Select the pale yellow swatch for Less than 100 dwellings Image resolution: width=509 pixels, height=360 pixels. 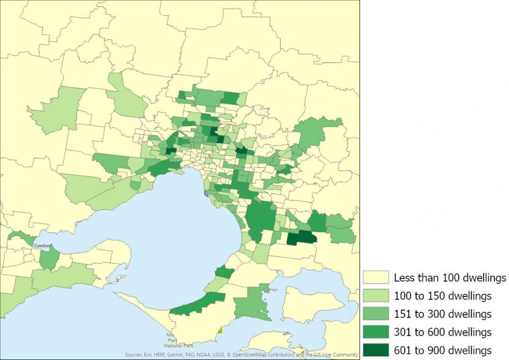376,277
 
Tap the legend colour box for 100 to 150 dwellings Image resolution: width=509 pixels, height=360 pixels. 376,296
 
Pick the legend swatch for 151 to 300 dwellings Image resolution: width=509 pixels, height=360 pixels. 376,314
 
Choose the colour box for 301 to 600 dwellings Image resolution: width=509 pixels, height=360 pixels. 376,332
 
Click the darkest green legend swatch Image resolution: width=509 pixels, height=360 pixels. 376,350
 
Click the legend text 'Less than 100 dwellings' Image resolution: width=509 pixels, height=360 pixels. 450,277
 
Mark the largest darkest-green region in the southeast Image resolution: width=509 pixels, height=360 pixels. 300,238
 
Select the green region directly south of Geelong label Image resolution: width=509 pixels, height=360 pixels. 50,258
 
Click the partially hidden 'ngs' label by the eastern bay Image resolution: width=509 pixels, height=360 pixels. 273,290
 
